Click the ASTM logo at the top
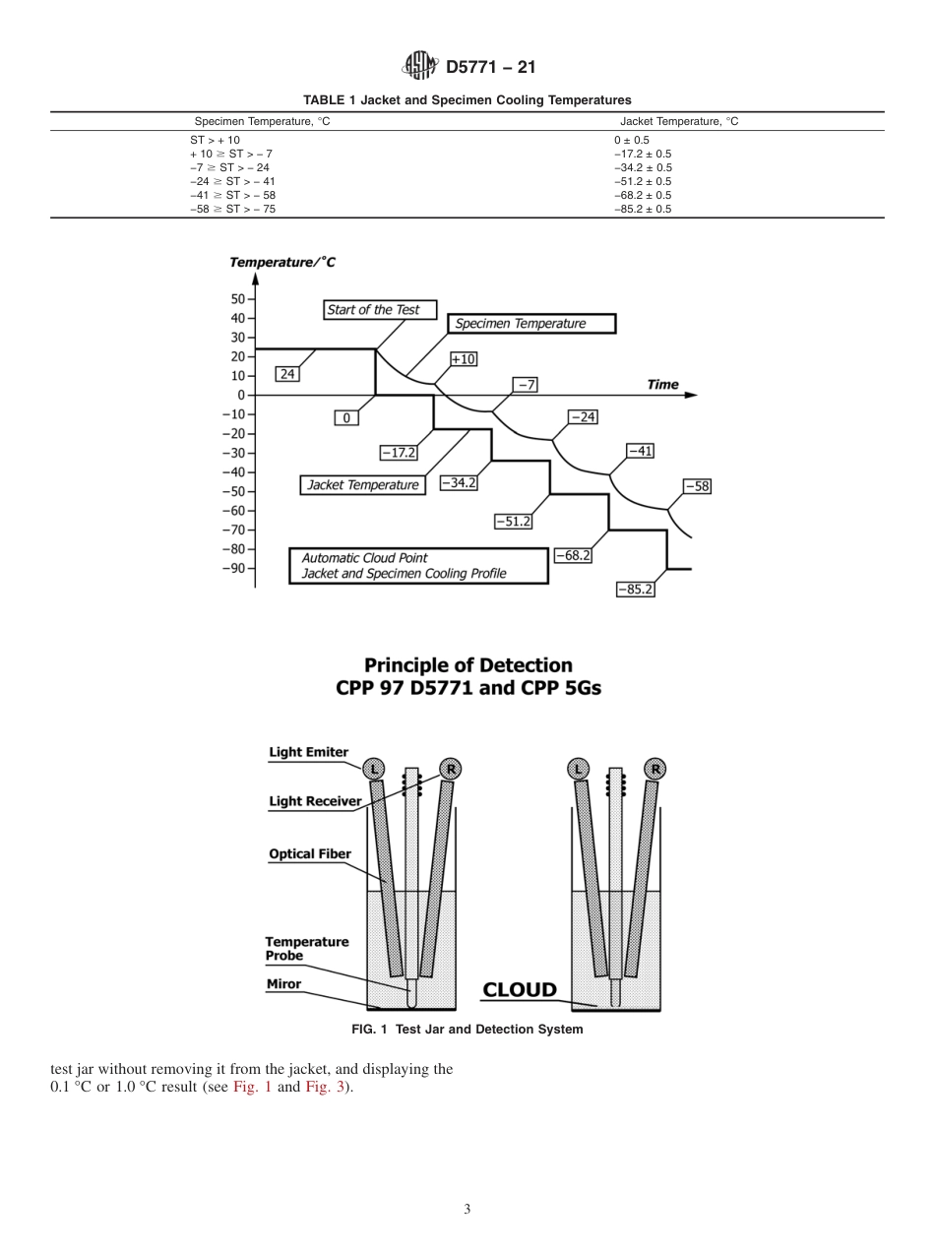(x=420, y=66)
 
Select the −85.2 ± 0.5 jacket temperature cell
(x=642, y=209)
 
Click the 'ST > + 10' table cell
(x=215, y=140)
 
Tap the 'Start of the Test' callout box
(x=373, y=310)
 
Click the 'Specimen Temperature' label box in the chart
(x=531, y=324)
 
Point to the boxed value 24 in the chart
(x=287, y=374)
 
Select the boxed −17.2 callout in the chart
(x=399, y=453)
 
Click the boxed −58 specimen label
(x=697, y=486)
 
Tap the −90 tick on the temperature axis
(x=235, y=568)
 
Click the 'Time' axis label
(x=662, y=385)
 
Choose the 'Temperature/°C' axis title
(x=282, y=262)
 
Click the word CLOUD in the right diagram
(x=519, y=990)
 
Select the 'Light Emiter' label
(x=309, y=753)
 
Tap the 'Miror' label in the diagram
(x=284, y=983)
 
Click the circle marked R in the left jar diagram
(x=452, y=769)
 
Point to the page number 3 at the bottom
(x=467, y=1210)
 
